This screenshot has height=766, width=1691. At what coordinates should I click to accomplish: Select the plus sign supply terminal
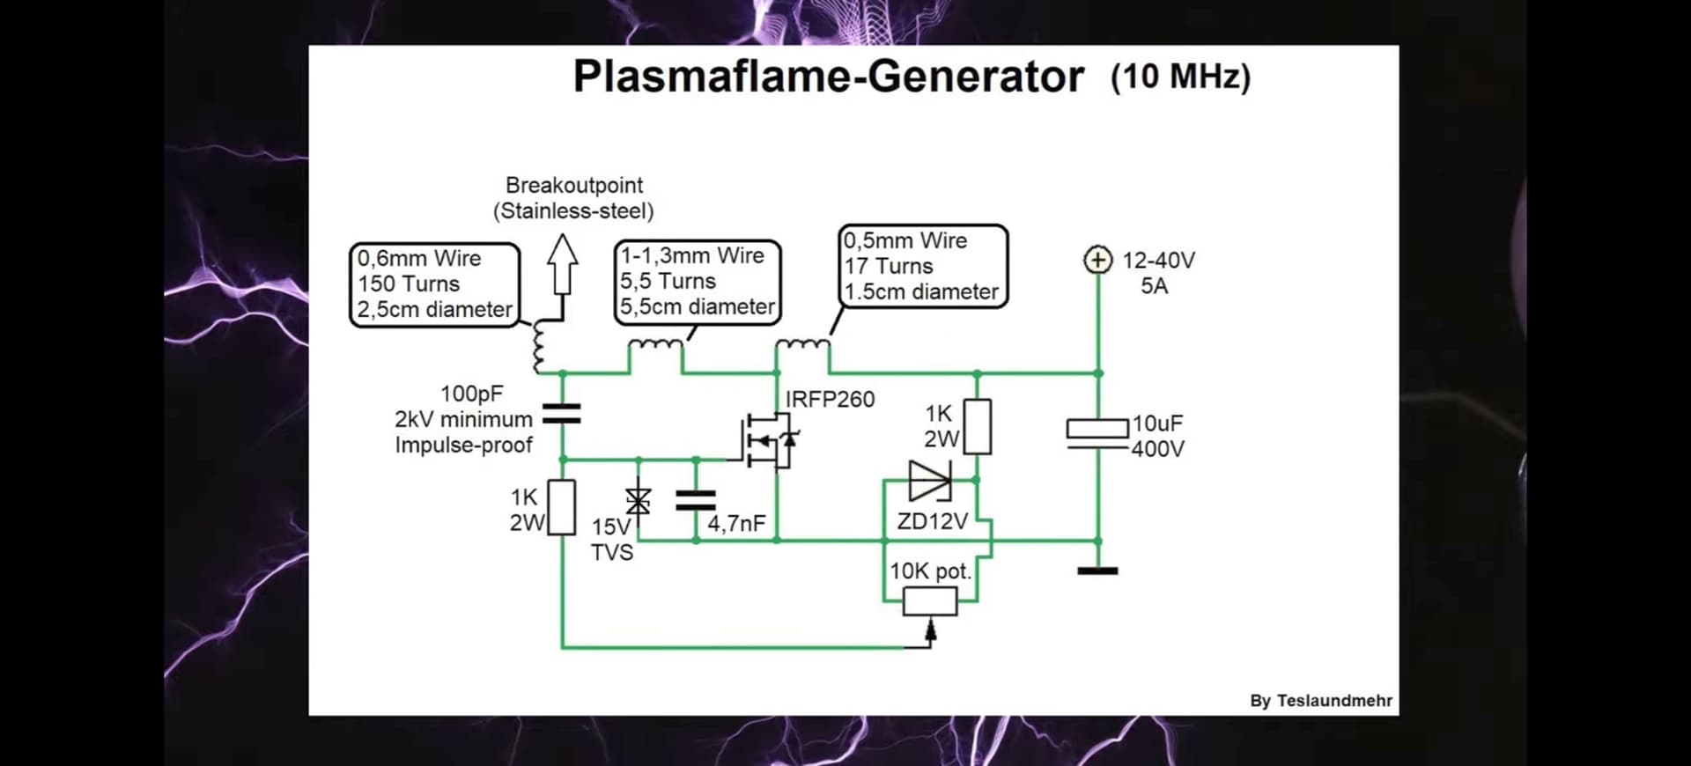click(1097, 261)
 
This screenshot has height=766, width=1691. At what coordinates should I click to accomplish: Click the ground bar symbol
click(1097, 571)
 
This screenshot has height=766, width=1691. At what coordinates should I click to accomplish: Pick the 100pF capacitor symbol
click(562, 414)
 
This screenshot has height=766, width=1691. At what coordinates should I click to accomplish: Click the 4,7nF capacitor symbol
click(696, 500)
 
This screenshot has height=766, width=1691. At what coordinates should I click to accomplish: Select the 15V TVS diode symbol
click(639, 501)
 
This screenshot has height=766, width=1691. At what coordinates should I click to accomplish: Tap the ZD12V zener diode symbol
click(930, 481)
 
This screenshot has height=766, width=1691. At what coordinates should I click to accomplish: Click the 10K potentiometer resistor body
click(930, 601)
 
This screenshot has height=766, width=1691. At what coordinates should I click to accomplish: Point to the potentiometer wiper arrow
click(930, 629)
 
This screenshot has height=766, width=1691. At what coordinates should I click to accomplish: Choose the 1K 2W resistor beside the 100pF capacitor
click(562, 507)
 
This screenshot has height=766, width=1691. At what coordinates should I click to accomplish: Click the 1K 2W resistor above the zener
click(977, 427)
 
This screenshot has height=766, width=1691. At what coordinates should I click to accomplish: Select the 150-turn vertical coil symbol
click(538, 347)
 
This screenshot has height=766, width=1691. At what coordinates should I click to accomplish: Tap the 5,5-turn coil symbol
click(655, 346)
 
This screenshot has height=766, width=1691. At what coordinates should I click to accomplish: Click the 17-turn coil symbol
click(802, 345)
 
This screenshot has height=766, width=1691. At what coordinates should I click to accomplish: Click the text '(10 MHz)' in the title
click(1180, 77)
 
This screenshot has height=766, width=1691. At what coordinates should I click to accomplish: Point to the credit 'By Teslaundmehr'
click(1320, 701)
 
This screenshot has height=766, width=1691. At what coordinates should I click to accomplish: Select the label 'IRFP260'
click(830, 400)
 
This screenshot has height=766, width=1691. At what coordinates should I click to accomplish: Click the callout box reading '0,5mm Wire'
click(922, 266)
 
